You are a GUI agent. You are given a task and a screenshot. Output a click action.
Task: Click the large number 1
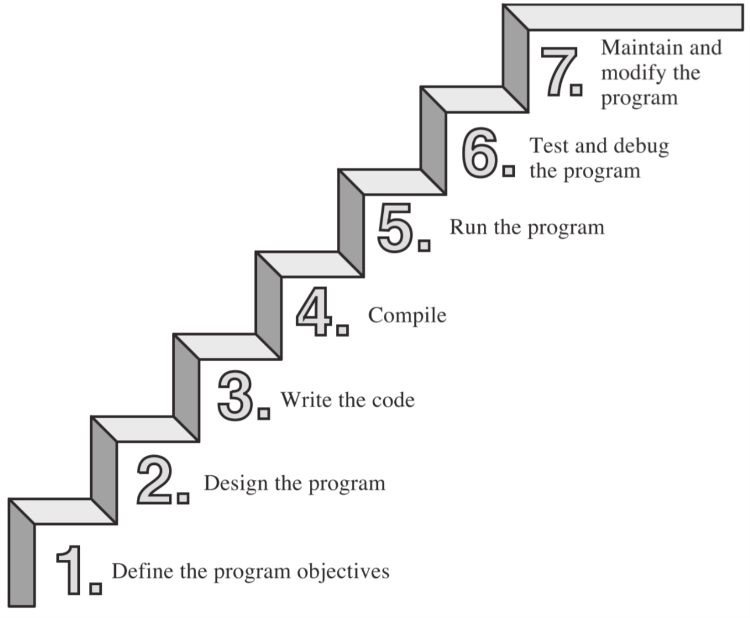pyautogui.click(x=71, y=570)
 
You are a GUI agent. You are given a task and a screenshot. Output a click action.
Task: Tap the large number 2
pyautogui.click(x=154, y=481)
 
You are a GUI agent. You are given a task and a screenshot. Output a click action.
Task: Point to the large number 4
pyautogui.click(x=314, y=312)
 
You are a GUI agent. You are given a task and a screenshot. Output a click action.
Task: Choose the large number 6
pyautogui.click(x=480, y=153)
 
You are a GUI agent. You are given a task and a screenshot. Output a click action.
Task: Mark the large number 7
pyautogui.click(x=559, y=71)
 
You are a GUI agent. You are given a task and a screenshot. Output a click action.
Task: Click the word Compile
pyautogui.click(x=407, y=316)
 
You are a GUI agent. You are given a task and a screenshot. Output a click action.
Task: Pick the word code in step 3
pyautogui.click(x=393, y=400)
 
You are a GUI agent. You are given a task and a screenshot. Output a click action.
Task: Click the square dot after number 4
pyautogui.click(x=343, y=330)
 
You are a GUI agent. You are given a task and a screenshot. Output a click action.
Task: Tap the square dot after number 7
pyautogui.click(x=576, y=90)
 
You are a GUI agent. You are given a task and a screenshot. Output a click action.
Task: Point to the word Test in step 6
pyautogui.click(x=549, y=146)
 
